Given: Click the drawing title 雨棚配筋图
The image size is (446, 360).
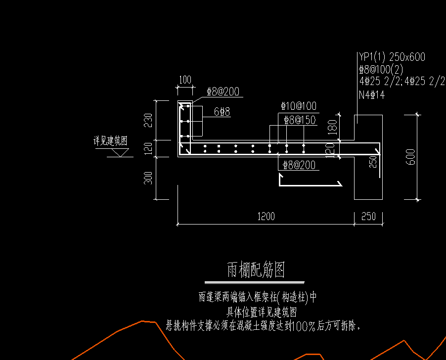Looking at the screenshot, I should pyautogui.click(x=256, y=270).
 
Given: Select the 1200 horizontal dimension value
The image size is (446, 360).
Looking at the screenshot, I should pyautogui.click(x=266, y=217).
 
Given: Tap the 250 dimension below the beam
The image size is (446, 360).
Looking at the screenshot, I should pyautogui.click(x=368, y=217).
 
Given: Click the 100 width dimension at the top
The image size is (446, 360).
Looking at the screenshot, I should pyautogui.click(x=185, y=80).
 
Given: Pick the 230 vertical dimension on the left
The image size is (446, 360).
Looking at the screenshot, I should pyautogui.click(x=148, y=120).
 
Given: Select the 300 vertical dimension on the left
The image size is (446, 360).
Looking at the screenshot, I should pyautogui.click(x=148, y=179).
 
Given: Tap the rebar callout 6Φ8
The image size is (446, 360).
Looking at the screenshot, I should pyautogui.click(x=222, y=112).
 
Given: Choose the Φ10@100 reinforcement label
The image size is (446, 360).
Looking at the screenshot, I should pyautogui.click(x=299, y=106).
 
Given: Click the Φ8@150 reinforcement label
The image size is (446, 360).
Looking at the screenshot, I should pyautogui.click(x=300, y=120).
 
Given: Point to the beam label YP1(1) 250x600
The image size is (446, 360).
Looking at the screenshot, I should pyautogui.click(x=392, y=57).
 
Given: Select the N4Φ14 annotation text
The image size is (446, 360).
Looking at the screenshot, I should pyautogui.click(x=372, y=94).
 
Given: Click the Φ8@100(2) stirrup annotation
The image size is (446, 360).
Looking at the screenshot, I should pyautogui.click(x=381, y=69).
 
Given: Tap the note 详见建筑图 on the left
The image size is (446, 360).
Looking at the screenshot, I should pyautogui.click(x=110, y=141).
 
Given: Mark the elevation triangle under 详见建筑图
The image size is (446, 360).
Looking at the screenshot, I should pyautogui.click(x=118, y=153).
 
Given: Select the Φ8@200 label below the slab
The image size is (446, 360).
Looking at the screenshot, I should pyautogui.click(x=299, y=165).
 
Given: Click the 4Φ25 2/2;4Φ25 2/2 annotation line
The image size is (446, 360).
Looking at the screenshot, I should pyautogui.click(x=402, y=82).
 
